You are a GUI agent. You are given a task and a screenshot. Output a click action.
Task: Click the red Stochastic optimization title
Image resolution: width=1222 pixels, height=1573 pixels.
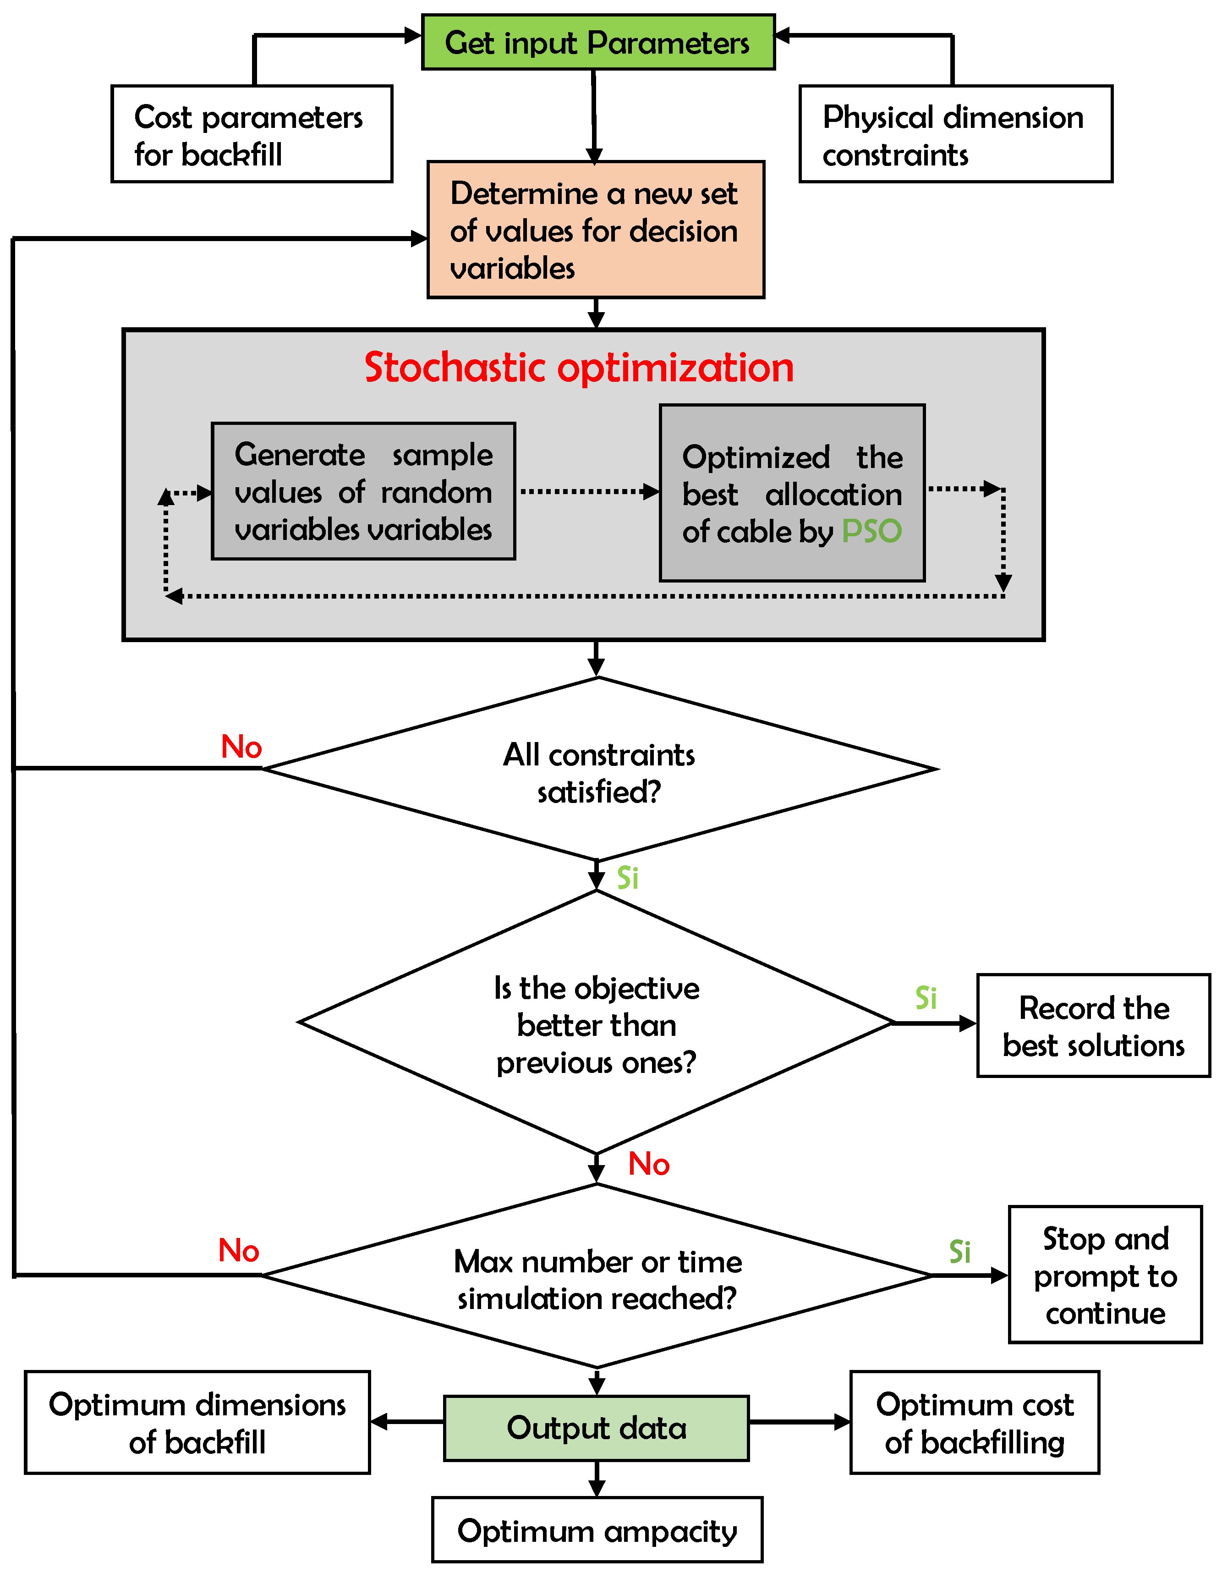[x=579, y=368]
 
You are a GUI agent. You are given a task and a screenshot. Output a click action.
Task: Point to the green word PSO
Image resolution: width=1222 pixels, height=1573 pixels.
[x=871, y=532]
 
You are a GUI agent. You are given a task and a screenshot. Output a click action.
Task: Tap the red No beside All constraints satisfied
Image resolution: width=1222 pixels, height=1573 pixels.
[x=241, y=747]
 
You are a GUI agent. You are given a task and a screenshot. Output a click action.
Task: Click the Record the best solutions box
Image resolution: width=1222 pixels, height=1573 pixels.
[x=1093, y=1026]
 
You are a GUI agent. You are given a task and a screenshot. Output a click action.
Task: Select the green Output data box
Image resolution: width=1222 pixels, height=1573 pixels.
[x=596, y=1428]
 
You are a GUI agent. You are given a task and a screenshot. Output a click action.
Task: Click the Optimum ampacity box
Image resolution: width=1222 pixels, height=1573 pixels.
[x=597, y=1530]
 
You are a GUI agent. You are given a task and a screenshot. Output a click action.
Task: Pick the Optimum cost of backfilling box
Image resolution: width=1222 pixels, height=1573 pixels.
[x=974, y=1423]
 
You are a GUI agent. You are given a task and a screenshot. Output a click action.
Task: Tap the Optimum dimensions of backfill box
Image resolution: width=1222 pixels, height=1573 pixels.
[x=197, y=1423]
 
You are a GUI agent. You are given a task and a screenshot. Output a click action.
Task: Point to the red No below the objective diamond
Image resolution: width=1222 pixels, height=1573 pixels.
[x=649, y=1164]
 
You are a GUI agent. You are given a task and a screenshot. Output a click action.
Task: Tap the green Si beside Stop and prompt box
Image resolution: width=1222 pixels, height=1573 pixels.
[x=960, y=1252]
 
